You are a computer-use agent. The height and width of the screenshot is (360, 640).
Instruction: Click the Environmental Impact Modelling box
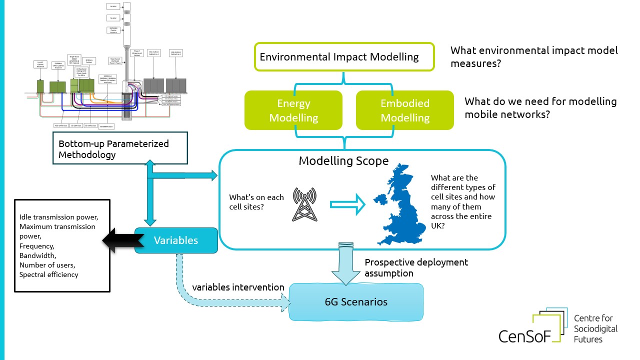344,56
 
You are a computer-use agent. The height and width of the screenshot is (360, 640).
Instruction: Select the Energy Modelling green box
294,110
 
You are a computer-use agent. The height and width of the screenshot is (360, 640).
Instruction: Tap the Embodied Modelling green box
404,110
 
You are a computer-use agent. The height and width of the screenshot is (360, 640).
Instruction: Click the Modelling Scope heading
343,161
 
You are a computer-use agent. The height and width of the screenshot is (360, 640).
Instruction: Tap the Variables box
176,240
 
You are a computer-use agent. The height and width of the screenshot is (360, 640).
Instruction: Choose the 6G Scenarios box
356,302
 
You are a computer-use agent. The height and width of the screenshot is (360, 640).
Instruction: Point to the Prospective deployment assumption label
416,267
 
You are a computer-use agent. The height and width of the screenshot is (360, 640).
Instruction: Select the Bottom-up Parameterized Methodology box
120,149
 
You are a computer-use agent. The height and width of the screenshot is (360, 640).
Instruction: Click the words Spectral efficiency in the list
48,274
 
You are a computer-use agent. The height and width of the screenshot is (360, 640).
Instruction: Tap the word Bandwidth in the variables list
37,255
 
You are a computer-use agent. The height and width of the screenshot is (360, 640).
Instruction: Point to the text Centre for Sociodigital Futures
595,328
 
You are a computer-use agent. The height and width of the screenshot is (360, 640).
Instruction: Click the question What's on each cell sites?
256,202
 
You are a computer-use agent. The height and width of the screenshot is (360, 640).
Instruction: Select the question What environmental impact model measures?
534,57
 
